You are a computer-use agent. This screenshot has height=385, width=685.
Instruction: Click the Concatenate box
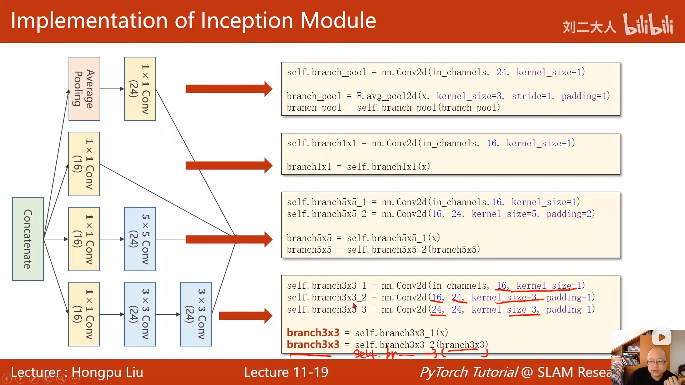coord(28,239)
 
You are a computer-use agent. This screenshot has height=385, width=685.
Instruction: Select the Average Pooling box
coord(84,89)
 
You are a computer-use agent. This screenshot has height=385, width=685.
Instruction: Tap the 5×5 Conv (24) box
coord(140,239)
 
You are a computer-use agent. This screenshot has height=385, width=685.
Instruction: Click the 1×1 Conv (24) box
coord(140,89)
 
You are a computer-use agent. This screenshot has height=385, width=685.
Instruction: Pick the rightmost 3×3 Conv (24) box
coord(196,314)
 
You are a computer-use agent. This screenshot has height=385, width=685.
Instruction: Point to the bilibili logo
coord(648,24)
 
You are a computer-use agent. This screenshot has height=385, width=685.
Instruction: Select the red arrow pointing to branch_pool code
coord(228,89)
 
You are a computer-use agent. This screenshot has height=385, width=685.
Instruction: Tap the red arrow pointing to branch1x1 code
coord(228,166)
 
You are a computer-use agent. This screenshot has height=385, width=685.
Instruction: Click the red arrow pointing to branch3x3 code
coord(245,315)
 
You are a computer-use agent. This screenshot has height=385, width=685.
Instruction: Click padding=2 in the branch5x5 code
coord(570,214)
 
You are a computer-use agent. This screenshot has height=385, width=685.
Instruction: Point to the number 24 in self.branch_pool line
coord(502,72)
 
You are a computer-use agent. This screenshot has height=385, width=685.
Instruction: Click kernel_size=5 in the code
coord(504,214)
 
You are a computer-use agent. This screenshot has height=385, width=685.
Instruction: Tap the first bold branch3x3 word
coord(313,333)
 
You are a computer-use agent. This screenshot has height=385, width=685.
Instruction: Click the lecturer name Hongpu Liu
coord(107,372)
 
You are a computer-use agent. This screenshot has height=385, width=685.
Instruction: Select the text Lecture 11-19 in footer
coord(286,372)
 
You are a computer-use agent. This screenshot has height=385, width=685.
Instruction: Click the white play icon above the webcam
coord(661,337)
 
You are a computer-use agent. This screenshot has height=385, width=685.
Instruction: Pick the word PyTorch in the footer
coord(443,372)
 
